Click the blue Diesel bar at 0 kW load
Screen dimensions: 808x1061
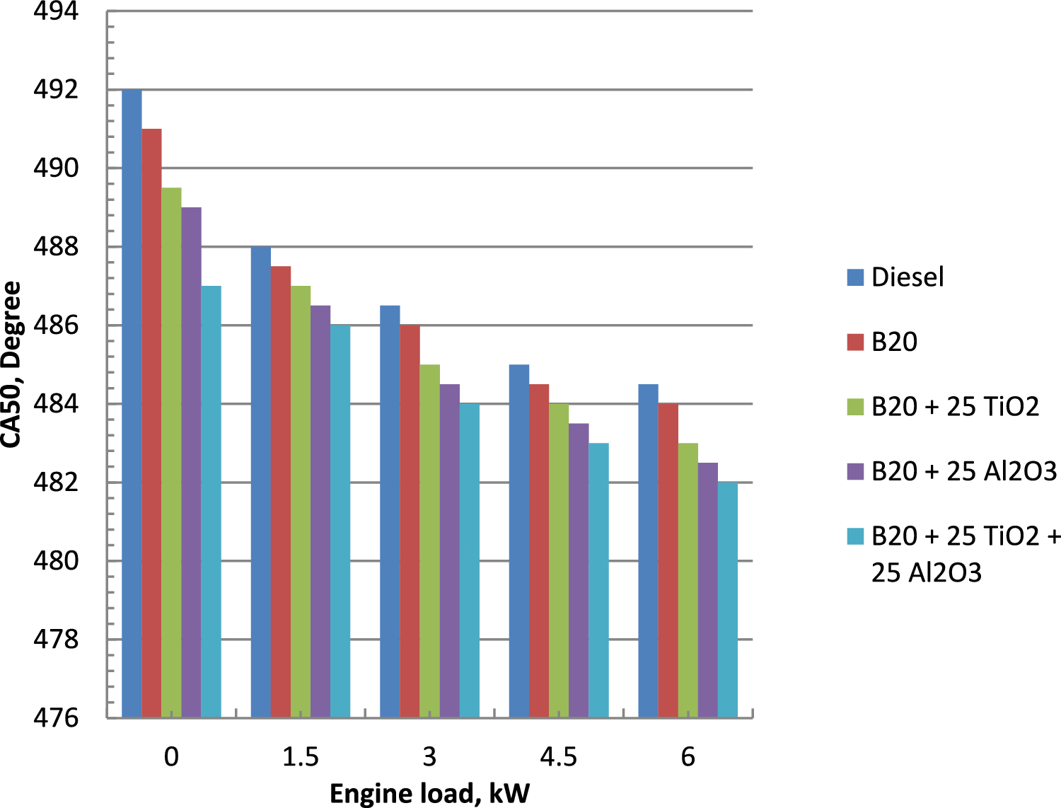point(132,403)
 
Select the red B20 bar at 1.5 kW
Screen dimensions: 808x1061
point(281,492)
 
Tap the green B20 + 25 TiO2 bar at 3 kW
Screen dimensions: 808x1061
point(429,541)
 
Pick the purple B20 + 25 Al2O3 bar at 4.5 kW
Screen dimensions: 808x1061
point(579,570)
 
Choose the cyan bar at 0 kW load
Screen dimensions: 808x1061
point(211,502)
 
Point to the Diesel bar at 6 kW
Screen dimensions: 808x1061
point(648,551)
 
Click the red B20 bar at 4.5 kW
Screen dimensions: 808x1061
point(539,551)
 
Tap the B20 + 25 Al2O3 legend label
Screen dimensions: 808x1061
point(963,471)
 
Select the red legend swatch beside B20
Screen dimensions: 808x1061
point(855,342)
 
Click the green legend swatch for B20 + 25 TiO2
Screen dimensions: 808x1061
point(855,407)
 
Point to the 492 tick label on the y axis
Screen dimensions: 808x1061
point(56,90)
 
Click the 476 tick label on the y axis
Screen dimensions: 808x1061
point(56,718)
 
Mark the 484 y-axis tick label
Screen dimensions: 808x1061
point(56,404)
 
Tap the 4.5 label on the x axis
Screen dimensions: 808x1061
point(559,758)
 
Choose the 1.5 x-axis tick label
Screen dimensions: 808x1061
point(301,758)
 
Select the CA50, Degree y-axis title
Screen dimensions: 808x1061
point(12,364)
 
